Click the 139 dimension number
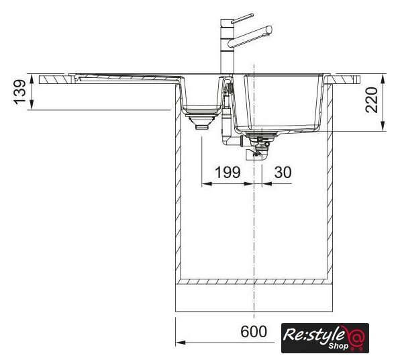click(20, 92)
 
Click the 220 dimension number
click(371, 100)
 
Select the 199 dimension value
click(228, 172)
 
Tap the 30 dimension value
click(283, 172)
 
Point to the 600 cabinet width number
click(254, 331)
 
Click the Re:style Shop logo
click(325, 338)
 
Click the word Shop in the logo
click(338, 346)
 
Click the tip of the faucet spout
click(269, 30)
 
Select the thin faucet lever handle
click(242, 19)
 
